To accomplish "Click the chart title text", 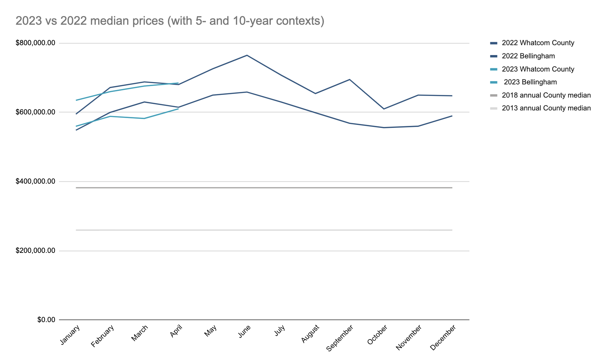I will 170,21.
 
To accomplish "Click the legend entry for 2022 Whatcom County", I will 538,43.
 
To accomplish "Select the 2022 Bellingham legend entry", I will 528,56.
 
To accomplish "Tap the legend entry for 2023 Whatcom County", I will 538,69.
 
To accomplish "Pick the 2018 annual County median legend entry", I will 546,95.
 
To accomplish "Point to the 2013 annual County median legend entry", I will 546,108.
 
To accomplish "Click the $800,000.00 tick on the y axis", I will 35,43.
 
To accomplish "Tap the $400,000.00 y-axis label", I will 35,182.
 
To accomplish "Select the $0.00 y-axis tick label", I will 46,320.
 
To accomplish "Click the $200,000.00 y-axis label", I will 35,251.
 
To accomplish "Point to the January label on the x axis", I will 70,335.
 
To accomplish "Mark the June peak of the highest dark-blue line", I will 247,55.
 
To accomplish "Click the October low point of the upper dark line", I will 384,109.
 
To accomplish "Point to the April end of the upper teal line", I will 178,83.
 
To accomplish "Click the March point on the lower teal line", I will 144,118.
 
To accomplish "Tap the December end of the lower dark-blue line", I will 452,116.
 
